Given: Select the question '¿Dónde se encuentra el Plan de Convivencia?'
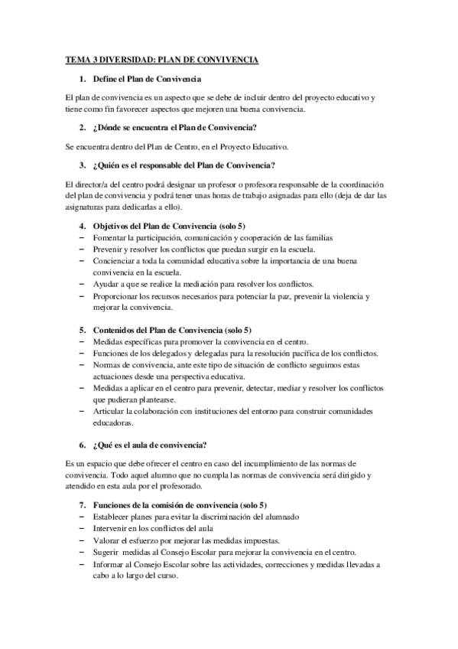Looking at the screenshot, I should (x=174, y=126).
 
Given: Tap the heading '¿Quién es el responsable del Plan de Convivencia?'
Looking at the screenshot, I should (x=184, y=165).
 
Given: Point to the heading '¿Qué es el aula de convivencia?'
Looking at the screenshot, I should (x=149, y=445).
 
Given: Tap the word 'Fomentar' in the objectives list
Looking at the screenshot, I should (x=112, y=237).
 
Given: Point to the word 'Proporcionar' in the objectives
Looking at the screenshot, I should (x=119, y=296).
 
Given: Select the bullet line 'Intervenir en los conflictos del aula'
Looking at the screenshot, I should (x=158, y=529).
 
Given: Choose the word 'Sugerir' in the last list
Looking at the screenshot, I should (x=108, y=553).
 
